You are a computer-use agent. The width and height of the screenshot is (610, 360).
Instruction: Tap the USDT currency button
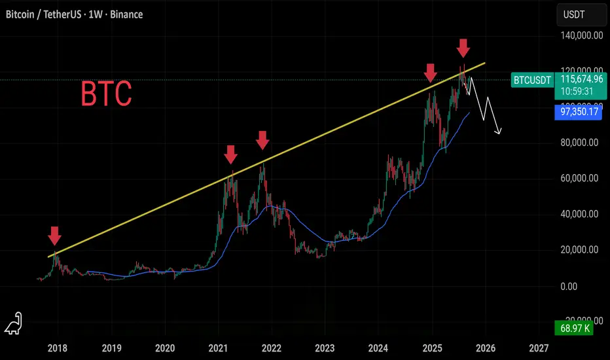tap(574, 14)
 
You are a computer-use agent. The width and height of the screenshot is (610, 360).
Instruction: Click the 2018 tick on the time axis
tap(58, 349)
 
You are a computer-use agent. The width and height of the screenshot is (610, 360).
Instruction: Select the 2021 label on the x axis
tap(218, 349)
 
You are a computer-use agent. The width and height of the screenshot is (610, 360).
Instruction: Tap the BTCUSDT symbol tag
tap(531, 80)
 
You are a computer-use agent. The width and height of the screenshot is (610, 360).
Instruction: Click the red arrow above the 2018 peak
tap(55, 234)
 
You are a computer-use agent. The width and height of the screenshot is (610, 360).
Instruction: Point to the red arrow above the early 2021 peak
tap(230, 154)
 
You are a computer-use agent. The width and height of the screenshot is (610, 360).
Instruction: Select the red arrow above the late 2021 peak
tap(262, 139)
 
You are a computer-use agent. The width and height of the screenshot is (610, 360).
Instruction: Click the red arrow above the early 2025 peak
tap(431, 73)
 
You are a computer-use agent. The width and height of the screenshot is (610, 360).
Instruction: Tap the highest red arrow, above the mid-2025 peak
tap(463, 47)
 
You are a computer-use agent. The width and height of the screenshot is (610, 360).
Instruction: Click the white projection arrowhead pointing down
tap(500, 132)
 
